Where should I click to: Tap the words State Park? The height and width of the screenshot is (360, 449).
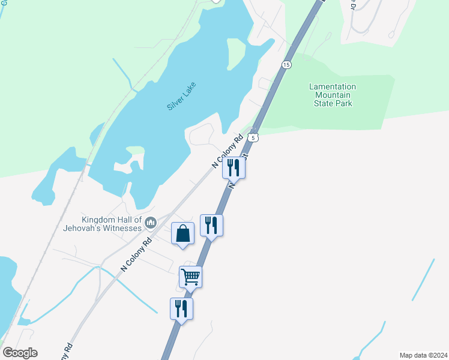tap(333, 103)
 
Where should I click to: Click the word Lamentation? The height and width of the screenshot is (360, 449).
tap(333, 86)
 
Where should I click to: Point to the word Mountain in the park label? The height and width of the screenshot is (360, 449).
tap(333, 95)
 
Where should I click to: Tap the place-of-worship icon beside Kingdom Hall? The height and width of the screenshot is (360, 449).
tap(150, 224)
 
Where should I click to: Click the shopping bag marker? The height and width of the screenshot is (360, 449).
tap(183, 233)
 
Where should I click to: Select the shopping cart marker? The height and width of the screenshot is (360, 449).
tap(190, 277)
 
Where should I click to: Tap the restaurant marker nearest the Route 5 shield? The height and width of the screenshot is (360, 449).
tap(234, 168)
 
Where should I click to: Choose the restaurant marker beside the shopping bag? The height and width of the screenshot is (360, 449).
tap(211, 226)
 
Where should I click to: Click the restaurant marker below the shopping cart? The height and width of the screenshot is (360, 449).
tap(181, 309)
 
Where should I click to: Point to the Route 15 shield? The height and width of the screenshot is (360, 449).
tap(286, 64)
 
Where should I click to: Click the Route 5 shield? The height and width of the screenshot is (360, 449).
tap(255, 138)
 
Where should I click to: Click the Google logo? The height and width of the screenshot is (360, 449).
tap(20, 353)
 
